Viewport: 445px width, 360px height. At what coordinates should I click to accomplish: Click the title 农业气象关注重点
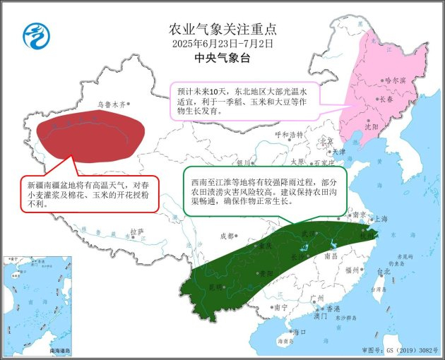point(222,29)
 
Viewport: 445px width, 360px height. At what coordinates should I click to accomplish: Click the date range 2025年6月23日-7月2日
point(222,44)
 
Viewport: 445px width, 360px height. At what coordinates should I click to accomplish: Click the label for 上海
point(381,219)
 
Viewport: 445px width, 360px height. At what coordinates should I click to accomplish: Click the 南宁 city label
point(281,307)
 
